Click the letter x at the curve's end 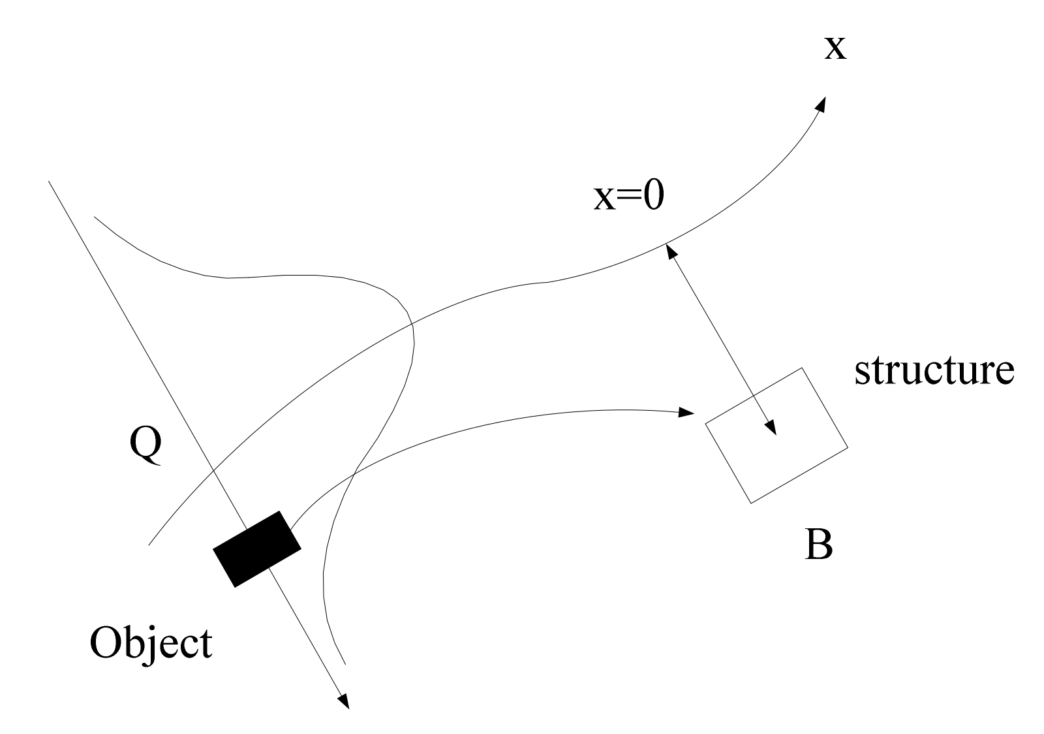tap(835, 48)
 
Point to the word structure tap(934, 371)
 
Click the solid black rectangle tap(257, 549)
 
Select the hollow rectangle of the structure tap(776, 436)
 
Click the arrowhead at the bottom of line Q tap(344, 701)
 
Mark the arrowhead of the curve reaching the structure tap(687, 412)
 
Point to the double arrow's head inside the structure tap(771, 427)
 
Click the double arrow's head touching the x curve tap(669, 250)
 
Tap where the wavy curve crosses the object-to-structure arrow tap(353, 471)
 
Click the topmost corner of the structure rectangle tap(801, 368)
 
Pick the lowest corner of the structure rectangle tap(752, 503)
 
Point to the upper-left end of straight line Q tap(49, 181)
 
